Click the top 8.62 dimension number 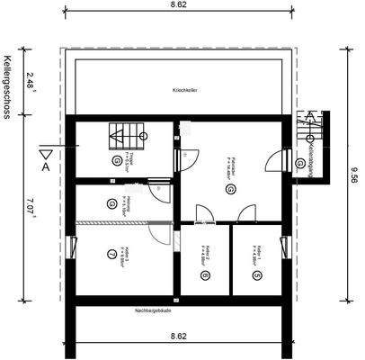(180, 5)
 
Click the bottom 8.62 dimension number (180, 337)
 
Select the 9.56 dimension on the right (354, 176)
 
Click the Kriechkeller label (184, 92)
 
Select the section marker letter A (45, 166)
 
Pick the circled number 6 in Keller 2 (206, 274)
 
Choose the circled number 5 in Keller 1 (256, 274)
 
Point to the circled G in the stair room (117, 159)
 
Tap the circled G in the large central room (231, 190)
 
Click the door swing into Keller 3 (158, 236)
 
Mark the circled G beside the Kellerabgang (299, 163)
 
